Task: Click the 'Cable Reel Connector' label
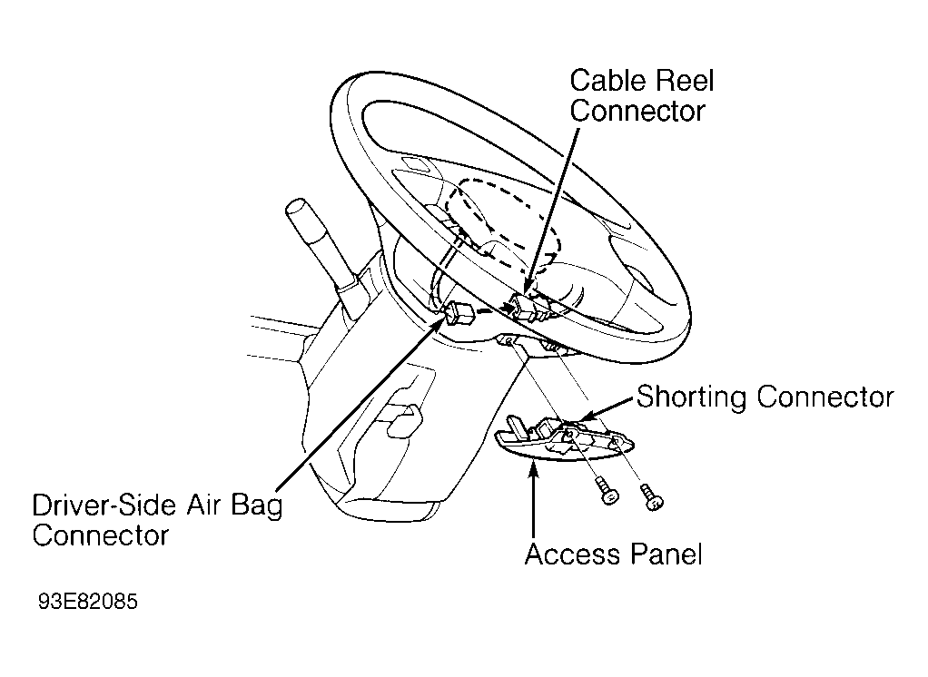642,96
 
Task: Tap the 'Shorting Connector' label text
765,397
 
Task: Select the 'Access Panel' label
613,554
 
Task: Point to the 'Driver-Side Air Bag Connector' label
157,520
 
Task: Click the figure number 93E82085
87,602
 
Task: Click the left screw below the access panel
607,491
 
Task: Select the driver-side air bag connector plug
459,314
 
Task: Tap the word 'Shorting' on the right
691,397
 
